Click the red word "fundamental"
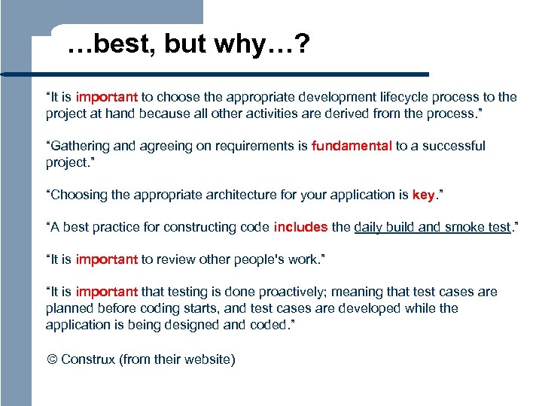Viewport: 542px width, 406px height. click(x=352, y=146)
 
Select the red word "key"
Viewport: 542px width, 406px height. click(x=423, y=195)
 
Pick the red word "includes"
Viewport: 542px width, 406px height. click(x=300, y=227)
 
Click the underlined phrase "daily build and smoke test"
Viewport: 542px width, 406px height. click(x=432, y=227)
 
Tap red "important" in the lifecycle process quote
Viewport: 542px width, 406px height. click(x=106, y=97)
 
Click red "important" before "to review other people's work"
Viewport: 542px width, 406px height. click(x=106, y=259)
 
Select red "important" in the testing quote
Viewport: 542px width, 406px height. click(x=106, y=292)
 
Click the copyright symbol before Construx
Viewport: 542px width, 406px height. click(x=51, y=359)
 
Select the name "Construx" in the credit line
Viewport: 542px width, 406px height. click(x=88, y=359)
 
